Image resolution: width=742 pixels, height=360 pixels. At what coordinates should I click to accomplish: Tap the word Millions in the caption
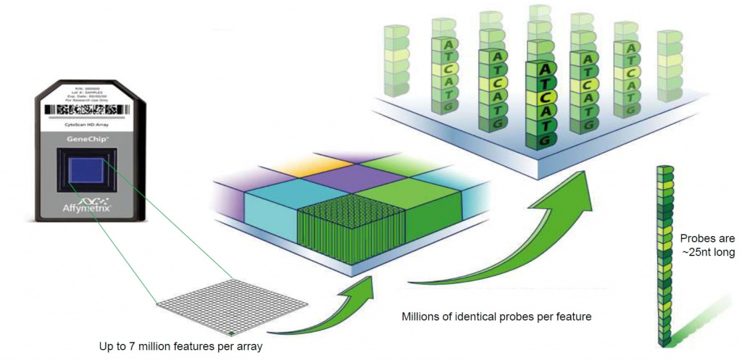(x=421, y=317)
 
